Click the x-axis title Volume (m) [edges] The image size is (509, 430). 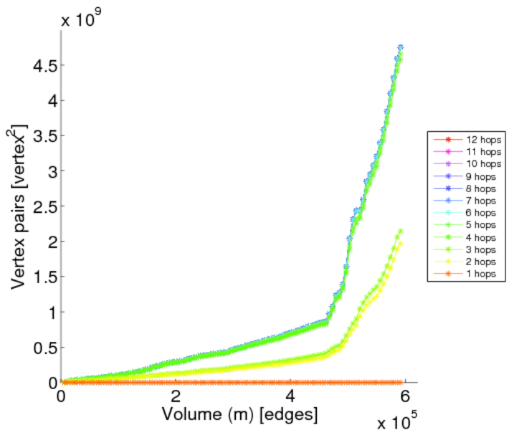tap(241, 414)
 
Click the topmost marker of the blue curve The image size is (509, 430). tap(400, 47)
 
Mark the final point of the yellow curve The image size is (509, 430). tap(401, 243)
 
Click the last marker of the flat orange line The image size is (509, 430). tap(401, 382)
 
